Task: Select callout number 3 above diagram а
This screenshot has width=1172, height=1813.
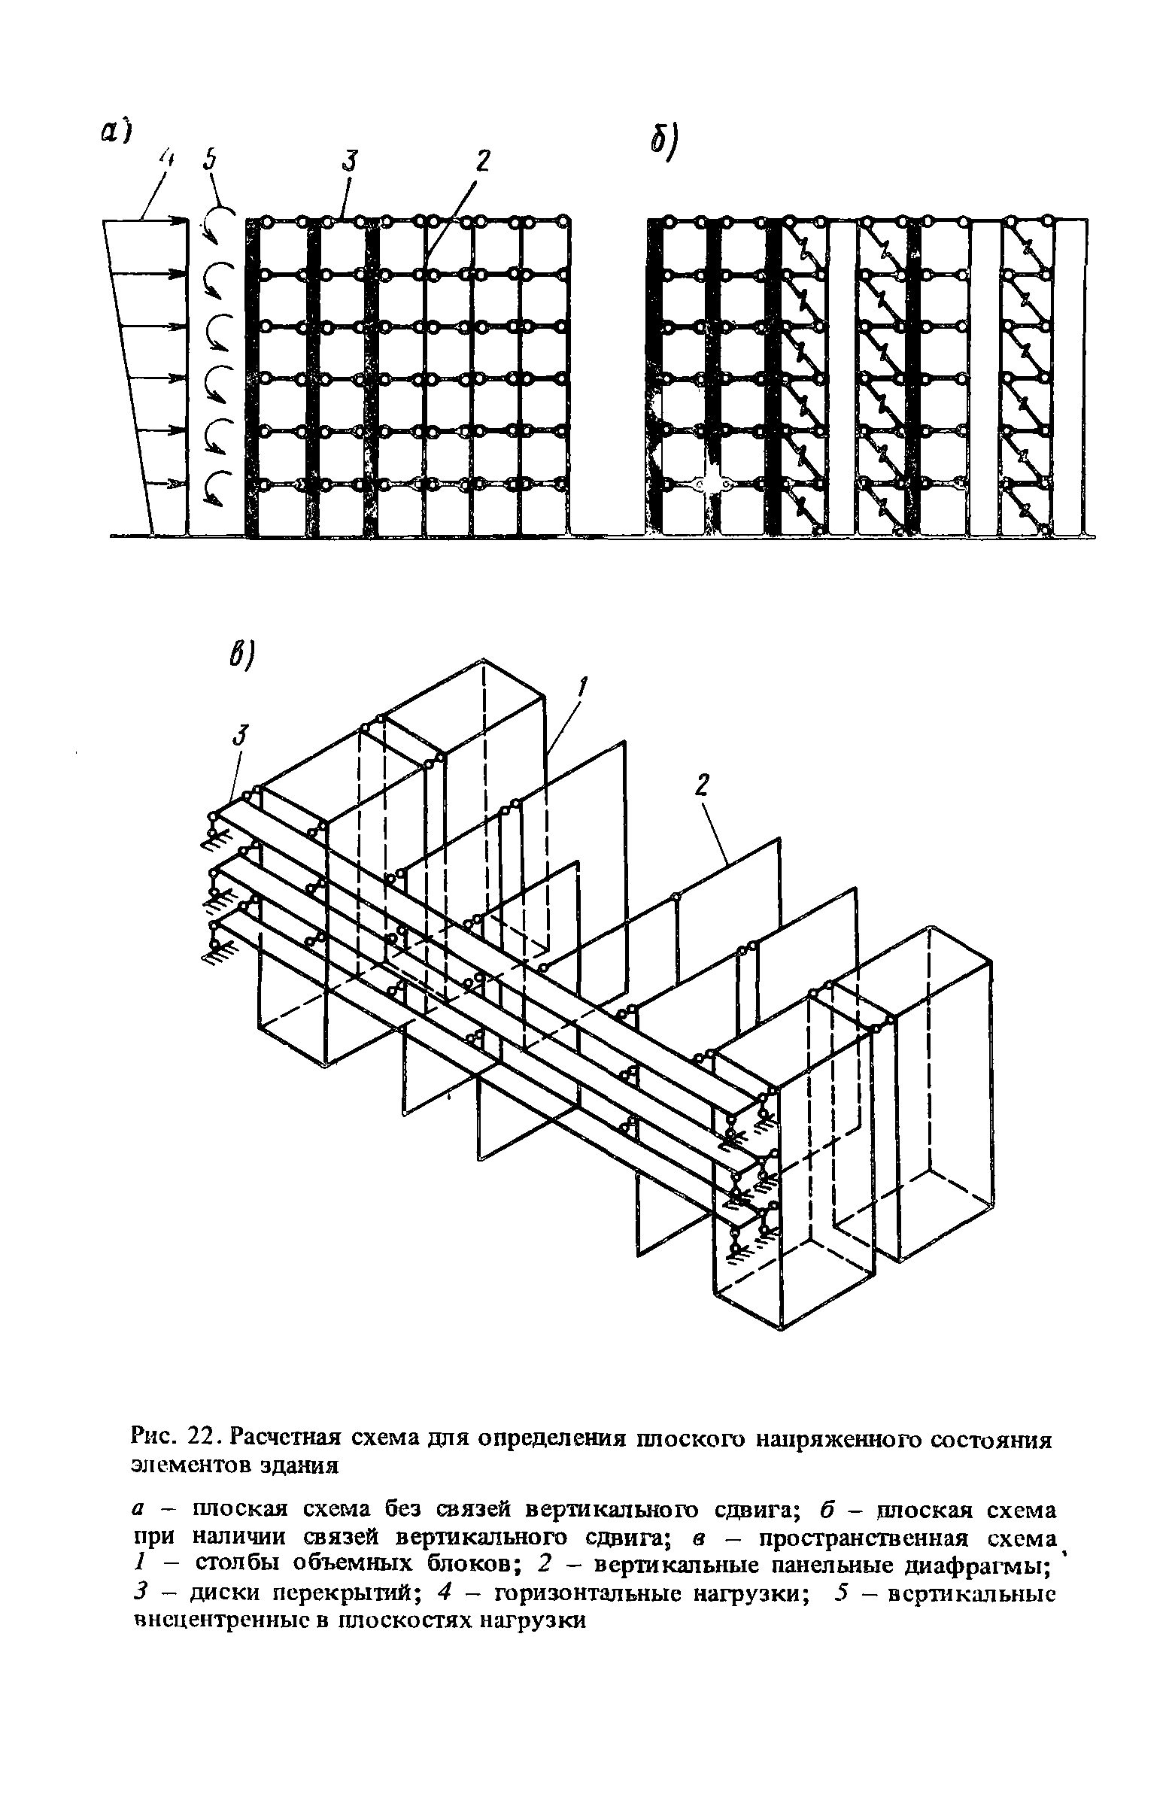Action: (x=349, y=160)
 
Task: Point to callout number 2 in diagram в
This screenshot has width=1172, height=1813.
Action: (x=700, y=785)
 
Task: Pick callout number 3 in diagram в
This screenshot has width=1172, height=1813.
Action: (x=241, y=736)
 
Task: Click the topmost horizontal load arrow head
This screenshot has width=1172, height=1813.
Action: (x=183, y=220)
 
